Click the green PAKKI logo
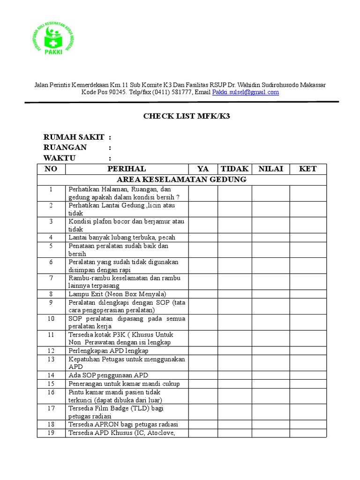(53, 39)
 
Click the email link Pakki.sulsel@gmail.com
(245, 92)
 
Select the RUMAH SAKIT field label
(74, 137)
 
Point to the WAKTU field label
(60, 158)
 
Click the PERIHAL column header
(127, 169)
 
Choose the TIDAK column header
(234, 169)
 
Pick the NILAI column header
(270, 169)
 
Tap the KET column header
(307, 169)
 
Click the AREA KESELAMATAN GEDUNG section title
(181, 180)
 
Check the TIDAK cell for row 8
(234, 294)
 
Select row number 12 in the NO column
(51, 351)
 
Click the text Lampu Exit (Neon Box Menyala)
(117, 294)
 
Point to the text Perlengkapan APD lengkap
(108, 351)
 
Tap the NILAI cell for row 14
(270, 375)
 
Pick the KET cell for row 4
(307, 237)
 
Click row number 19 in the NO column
(51, 433)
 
